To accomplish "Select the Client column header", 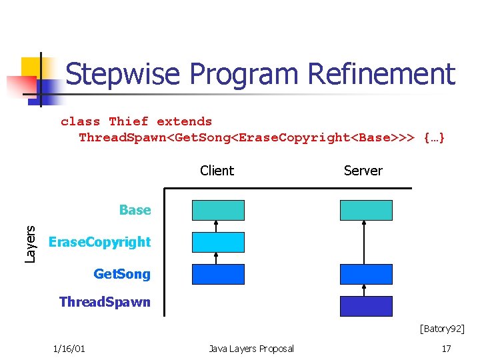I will click(217, 171).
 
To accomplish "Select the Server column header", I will click(363, 171).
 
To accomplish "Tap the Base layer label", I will click(135, 210).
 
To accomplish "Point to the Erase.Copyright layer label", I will click(100, 242).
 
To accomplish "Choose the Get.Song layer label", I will click(122, 274).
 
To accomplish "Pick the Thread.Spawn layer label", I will click(105, 302).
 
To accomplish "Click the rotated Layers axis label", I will click(31, 243).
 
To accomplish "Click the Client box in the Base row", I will click(218, 210).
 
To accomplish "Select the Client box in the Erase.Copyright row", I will click(218, 242).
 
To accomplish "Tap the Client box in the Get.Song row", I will click(218, 274).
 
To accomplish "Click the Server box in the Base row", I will click(366, 210).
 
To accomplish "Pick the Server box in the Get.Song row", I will click(366, 274).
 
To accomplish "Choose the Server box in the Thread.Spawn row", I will click(366, 306).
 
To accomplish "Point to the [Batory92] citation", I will click(441, 328).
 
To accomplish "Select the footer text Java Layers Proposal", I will click(251, 349).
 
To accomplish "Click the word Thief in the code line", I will click(129, 121).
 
